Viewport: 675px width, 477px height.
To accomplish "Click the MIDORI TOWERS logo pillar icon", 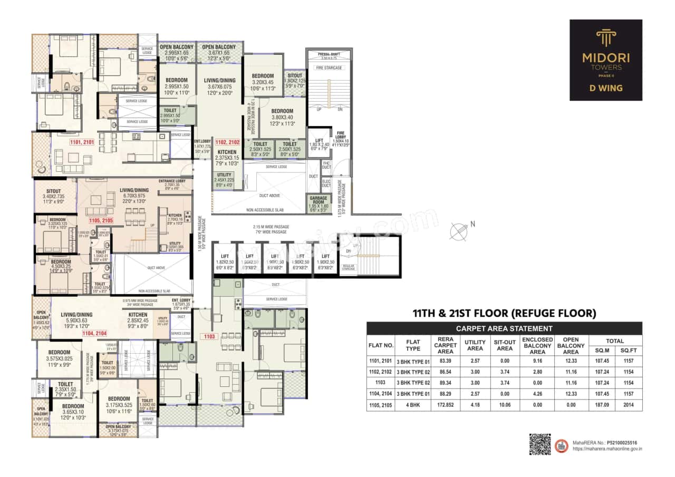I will pyautogui.click(x=605, y=38).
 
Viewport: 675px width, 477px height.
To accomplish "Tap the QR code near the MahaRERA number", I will pyautogui.click(x=539, y=444).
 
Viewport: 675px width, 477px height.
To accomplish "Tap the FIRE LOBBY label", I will pyautogui.click(x=340, y=136).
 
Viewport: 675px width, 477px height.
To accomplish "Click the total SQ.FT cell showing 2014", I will pyautogui.click(x=628, y=405).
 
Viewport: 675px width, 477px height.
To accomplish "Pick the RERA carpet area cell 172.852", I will pyautogui.click(x=446, y=405).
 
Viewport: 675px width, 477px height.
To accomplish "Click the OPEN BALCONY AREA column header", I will pyautogui.click(x=571, y=345).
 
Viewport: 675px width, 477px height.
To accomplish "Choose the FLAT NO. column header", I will pyautogui.click(x=381, y=345).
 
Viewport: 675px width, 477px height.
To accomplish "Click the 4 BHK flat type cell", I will pyautogui.click(x=412, y=405).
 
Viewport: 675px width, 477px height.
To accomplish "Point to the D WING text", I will pyautogui.click(x=605, y=87).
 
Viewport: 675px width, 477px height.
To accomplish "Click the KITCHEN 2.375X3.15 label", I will pyautogui.click(x=227, y=157).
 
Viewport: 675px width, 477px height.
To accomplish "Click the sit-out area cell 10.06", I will pyautogui.click(x=505, y=405).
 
